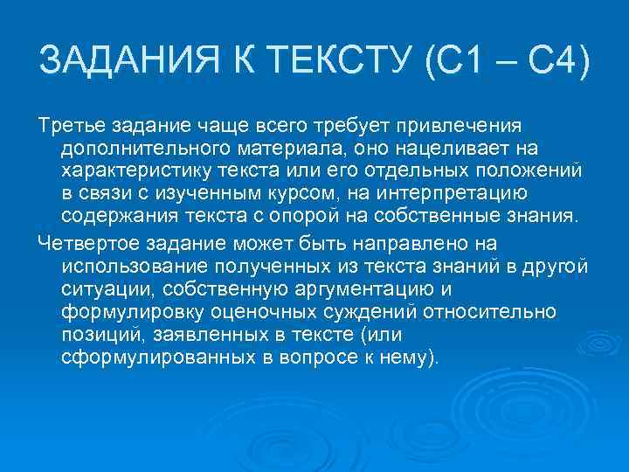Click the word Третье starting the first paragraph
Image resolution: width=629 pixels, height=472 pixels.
tap(69, 125)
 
